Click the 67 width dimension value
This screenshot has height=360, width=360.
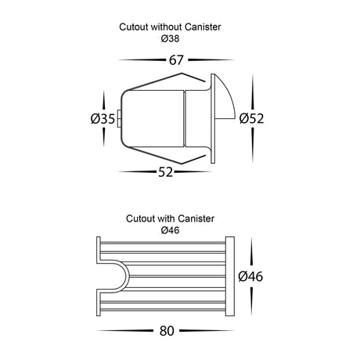[x=176, y=60]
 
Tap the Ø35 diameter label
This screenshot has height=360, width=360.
[x=103, y=119]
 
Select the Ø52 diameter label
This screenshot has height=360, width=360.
[x=251, y=118]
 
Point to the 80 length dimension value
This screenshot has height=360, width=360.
[x=167, y=331]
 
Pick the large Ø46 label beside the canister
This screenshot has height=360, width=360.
[x=250, y=276]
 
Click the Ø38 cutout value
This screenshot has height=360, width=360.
[x=170, y=38]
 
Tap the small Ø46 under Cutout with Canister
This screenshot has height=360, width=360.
[x=170, y=230]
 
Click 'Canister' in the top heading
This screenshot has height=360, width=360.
[x=203, y=27]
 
